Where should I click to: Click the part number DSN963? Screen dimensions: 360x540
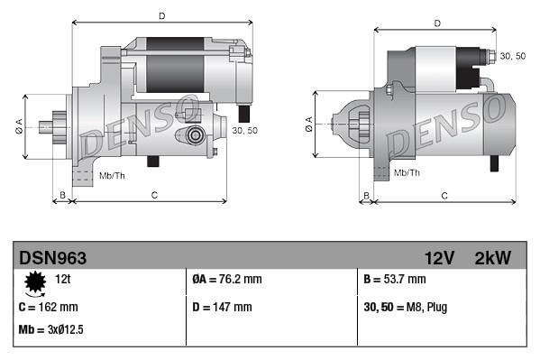click(53, 258)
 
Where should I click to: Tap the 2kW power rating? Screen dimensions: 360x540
click(493, 258)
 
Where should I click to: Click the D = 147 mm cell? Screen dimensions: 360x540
click(223, 307)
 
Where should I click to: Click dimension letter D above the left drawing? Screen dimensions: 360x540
click(161, 16)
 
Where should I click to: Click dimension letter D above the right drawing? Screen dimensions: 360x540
click(436, 23)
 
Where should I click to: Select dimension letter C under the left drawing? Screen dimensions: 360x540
click(154, 194)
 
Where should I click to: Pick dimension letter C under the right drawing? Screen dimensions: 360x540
click(444, 194)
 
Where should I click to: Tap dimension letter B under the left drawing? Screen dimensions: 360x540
click(62, 194)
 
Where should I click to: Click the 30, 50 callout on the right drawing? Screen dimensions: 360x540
click(513, 56)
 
